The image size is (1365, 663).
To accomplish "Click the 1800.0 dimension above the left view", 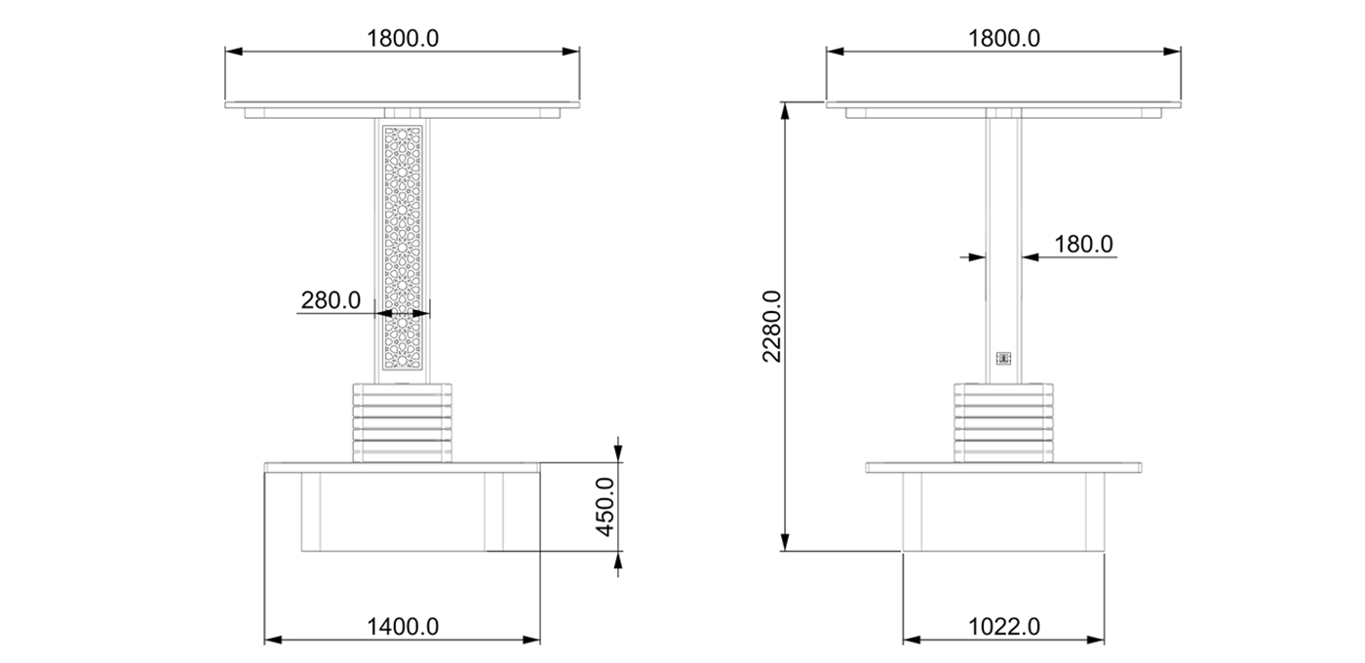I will click(403, 39).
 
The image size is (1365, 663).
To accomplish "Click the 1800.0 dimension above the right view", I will click(1003, 39).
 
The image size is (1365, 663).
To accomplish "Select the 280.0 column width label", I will click(331, 300).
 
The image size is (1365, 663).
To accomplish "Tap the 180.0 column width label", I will click(1082, 244).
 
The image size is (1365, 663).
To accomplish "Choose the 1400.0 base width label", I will click(403, 626).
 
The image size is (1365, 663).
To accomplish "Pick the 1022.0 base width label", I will click(1003, 626).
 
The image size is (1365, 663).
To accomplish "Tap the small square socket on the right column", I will click(1003, 359).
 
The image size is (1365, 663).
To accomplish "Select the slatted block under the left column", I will click(403, 422).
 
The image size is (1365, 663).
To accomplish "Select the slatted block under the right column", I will click(1003, 422).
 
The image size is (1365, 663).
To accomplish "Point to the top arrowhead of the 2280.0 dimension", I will click(785, 110).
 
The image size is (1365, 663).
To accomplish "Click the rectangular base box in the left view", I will click(403, 512).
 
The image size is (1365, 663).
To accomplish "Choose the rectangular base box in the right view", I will click(1003, 512).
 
